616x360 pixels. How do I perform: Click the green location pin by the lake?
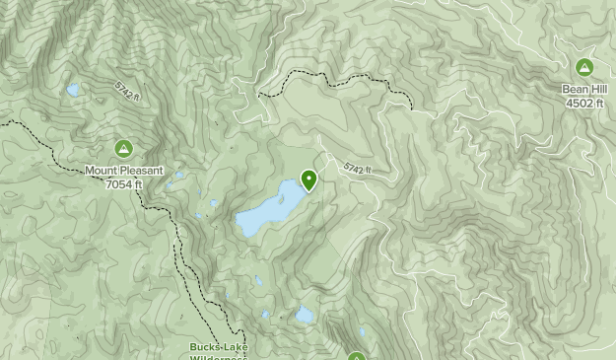[309, 180]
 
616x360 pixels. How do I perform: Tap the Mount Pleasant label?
[123, 171]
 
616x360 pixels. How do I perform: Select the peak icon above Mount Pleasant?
[123, 149]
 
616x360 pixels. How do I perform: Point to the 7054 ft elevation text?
[124, 183]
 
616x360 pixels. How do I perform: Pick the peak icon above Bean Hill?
[584, 68]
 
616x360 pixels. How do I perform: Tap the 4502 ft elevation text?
[584, 103]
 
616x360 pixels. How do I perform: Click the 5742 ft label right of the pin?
[359, 170]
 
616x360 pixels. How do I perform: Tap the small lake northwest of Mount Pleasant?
[73, 91]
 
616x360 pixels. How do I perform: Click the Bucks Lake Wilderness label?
[219, 351]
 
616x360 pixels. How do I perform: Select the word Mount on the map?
[102, 171]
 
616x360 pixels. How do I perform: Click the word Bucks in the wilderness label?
[206, 347]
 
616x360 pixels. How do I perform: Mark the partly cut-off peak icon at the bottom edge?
[356, 356]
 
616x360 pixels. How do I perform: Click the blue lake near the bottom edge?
[305, 316]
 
